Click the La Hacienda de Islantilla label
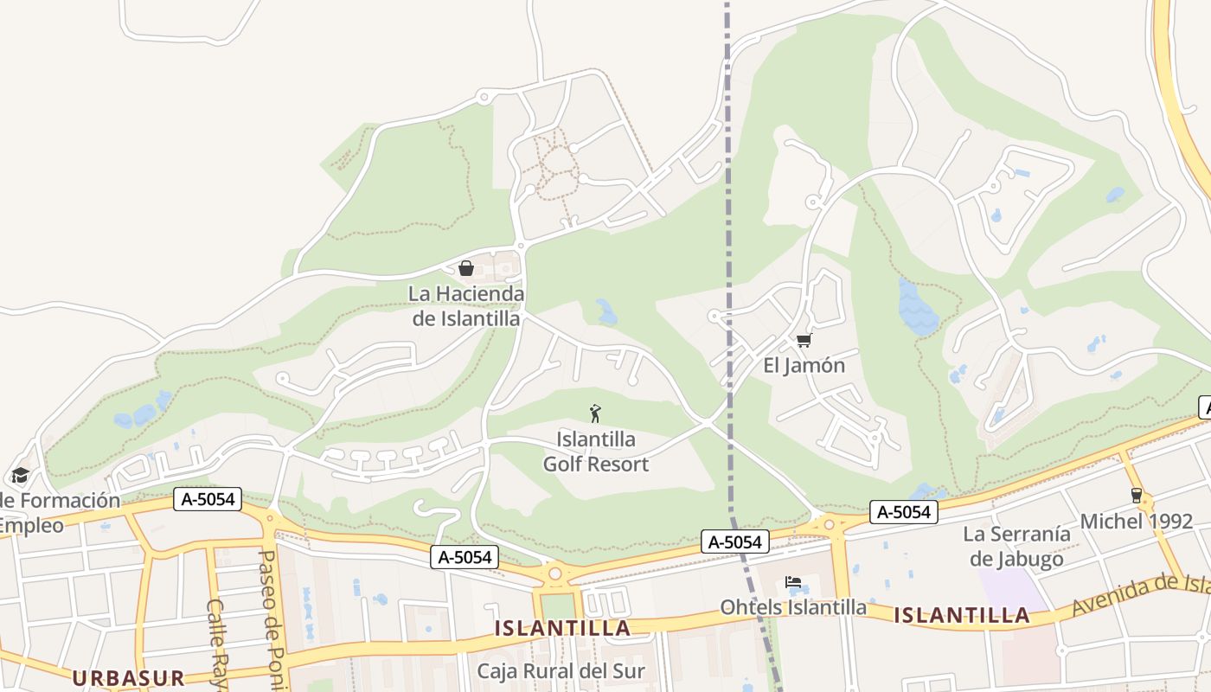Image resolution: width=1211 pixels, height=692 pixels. coord(466,306)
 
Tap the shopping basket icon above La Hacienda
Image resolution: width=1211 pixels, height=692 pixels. coord(466,268)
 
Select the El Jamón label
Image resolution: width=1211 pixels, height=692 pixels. coord(804,365)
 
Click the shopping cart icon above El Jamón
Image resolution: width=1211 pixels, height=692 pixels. coord(804,340)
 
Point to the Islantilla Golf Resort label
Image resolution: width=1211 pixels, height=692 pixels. coord(595,452)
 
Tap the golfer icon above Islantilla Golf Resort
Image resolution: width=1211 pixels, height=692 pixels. coord(595,413)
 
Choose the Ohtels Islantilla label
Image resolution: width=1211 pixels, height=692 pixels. coord(793,607)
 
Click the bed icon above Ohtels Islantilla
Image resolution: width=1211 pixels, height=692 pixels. coord(792,582)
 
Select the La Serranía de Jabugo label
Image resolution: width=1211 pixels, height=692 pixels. coord(1016,546)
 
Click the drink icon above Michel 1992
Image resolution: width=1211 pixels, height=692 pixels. coord(1136,496)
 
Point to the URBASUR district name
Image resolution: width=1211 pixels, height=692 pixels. coord(129,677)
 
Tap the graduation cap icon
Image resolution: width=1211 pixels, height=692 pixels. coord(20,475)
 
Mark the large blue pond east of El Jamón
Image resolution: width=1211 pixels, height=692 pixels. coord(917,307)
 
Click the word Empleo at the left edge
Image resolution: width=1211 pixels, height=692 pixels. coord(30,525)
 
